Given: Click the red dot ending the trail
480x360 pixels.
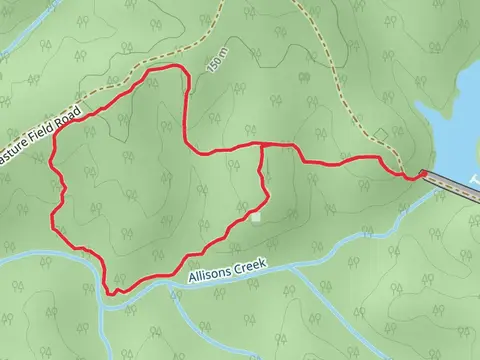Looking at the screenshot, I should (423, 173).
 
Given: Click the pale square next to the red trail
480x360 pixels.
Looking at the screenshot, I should (256, 217).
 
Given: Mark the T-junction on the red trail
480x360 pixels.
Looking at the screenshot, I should (262, 146).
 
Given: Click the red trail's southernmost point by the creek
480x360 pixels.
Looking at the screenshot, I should (115, 293).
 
